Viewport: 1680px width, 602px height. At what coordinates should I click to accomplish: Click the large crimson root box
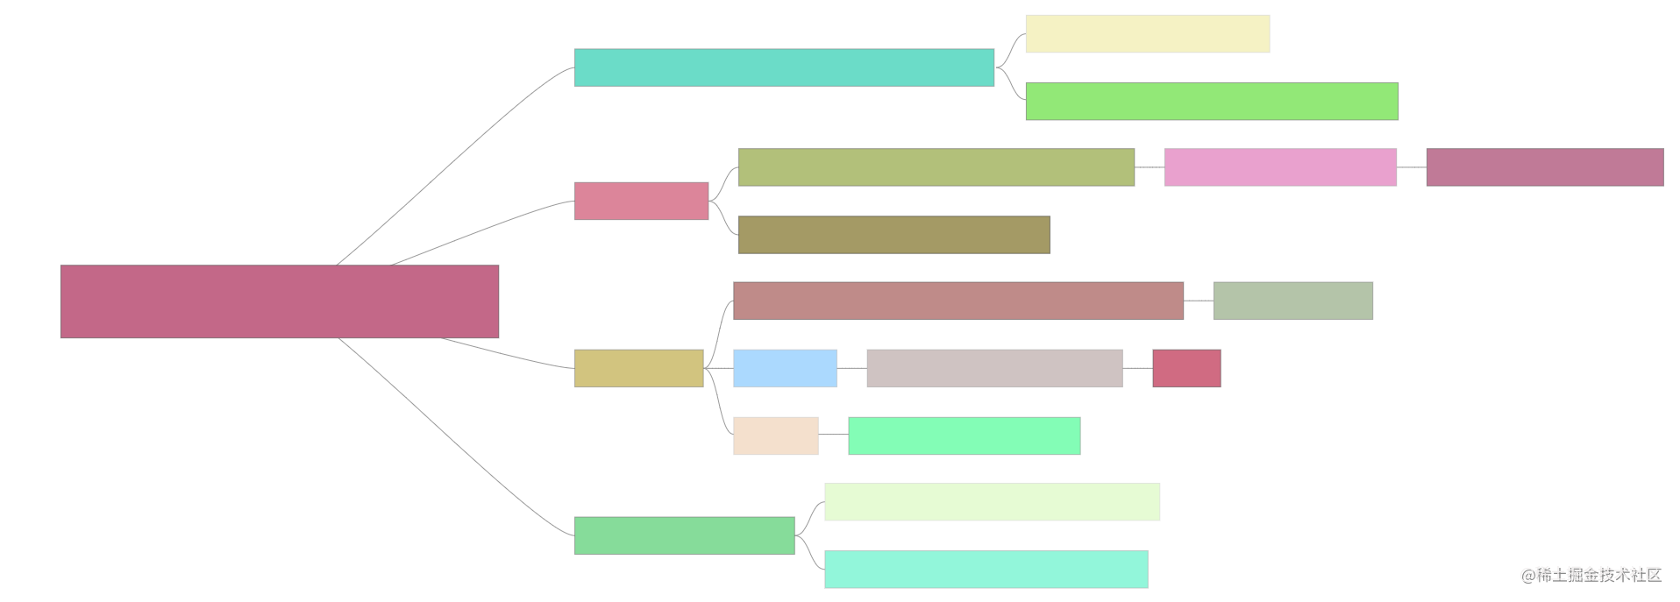point(279,301)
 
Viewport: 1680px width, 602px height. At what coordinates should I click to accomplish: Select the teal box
point(784,67)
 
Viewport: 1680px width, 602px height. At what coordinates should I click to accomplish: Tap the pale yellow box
point(1147,33)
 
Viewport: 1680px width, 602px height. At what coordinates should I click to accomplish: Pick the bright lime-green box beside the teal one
point(1211,101)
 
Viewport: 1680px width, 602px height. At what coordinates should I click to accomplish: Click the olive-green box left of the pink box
point(936,167)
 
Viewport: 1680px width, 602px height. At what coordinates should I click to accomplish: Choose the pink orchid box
point(1280,167)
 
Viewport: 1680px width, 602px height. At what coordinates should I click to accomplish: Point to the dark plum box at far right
point(1544,167)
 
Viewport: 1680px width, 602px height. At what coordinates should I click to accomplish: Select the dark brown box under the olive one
point(893,235)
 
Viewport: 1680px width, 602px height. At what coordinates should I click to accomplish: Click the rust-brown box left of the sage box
point(957,301)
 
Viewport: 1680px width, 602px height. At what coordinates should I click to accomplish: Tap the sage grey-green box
point(1292,301)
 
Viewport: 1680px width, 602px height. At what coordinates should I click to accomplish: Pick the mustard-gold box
point(638,368)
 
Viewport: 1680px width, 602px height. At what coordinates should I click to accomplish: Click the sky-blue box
point(785,368)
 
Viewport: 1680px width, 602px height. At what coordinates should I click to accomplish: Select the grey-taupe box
point(993,368)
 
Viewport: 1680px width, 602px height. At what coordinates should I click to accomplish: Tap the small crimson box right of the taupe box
point(1185,368)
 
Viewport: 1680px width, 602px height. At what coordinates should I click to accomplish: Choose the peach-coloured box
point(775,436)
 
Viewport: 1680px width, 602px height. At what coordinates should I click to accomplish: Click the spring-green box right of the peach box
point(964,436)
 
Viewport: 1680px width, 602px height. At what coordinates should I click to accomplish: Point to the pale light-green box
point(992,501)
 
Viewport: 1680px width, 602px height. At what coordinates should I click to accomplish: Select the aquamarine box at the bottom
point(986,570)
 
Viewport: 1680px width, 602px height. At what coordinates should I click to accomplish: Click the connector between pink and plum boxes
point(1411,166)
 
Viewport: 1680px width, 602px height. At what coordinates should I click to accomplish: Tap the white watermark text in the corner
point(1590,574)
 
